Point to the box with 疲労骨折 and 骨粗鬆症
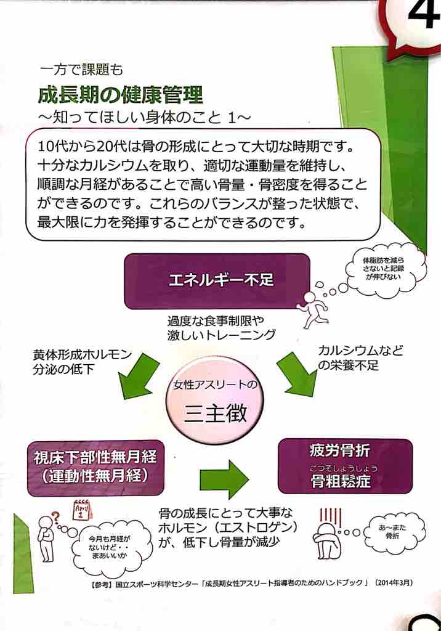point(344,466)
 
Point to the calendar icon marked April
point(83,513)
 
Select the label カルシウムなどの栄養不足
point(361,358)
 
